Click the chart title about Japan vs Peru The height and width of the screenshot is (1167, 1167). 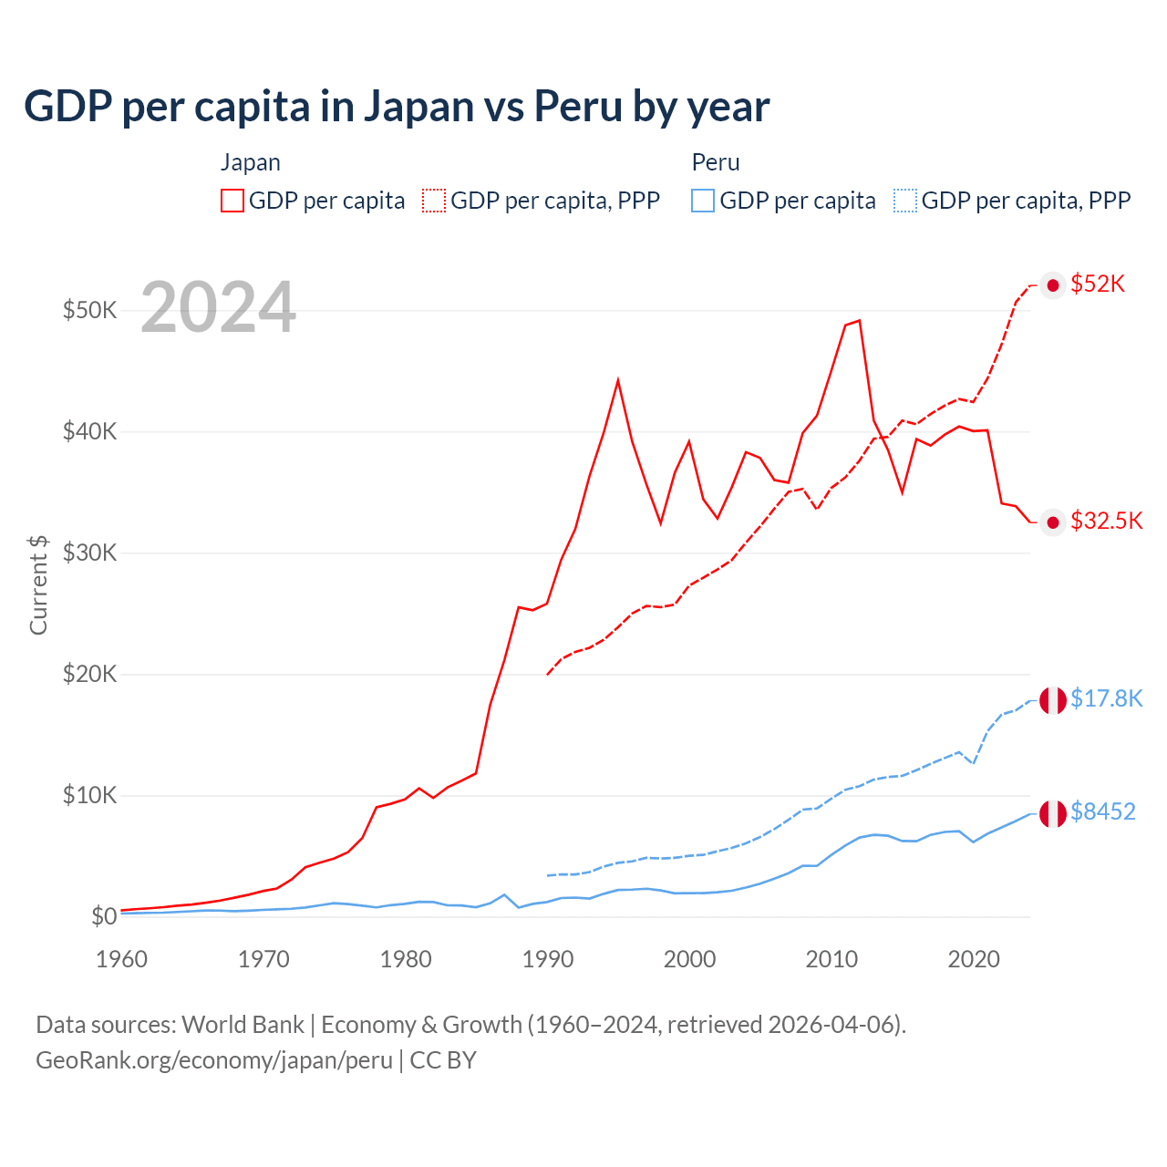397,107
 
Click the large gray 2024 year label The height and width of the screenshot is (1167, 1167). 218,307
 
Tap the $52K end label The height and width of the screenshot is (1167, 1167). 1098,284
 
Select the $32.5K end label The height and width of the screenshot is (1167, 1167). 1106,521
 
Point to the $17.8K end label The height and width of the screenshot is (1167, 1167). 1106,698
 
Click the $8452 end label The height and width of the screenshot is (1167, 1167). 1102,811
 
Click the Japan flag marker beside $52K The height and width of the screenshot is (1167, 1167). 1053,285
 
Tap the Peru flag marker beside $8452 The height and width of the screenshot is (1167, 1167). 1053,812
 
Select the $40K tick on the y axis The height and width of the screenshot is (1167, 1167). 89,431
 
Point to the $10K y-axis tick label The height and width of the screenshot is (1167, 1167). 89,795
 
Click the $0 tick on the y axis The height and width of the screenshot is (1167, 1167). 104,916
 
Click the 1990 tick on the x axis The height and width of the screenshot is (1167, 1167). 548,959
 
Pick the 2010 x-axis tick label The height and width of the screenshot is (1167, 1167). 831,959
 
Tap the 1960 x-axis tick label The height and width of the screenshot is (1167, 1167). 121,959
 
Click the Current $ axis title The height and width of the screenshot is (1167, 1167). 38,584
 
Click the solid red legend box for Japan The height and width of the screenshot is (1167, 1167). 232,201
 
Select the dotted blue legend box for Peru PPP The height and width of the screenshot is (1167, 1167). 905,201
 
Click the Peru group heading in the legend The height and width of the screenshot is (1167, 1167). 716,162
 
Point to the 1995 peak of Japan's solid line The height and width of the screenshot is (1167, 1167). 618,379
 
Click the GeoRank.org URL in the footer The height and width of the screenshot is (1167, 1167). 214,1060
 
